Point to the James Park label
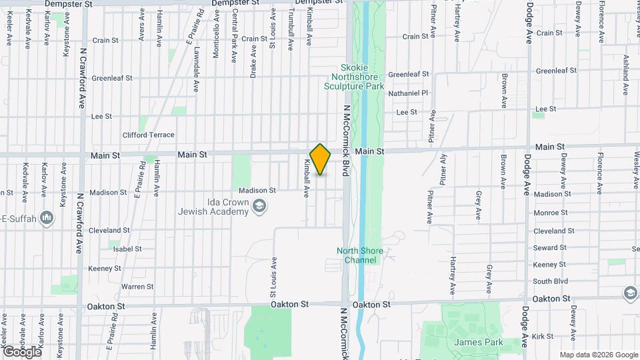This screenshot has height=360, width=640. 473,342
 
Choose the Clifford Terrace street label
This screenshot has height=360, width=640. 148,135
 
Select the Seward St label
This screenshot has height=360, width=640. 550,247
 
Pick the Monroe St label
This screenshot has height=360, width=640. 550,213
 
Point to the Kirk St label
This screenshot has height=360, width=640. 544,337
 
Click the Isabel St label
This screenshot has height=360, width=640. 127,249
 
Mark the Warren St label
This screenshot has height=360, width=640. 137,287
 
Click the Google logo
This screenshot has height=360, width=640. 21,351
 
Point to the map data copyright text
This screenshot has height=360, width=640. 598,355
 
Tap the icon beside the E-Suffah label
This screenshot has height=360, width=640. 47,217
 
